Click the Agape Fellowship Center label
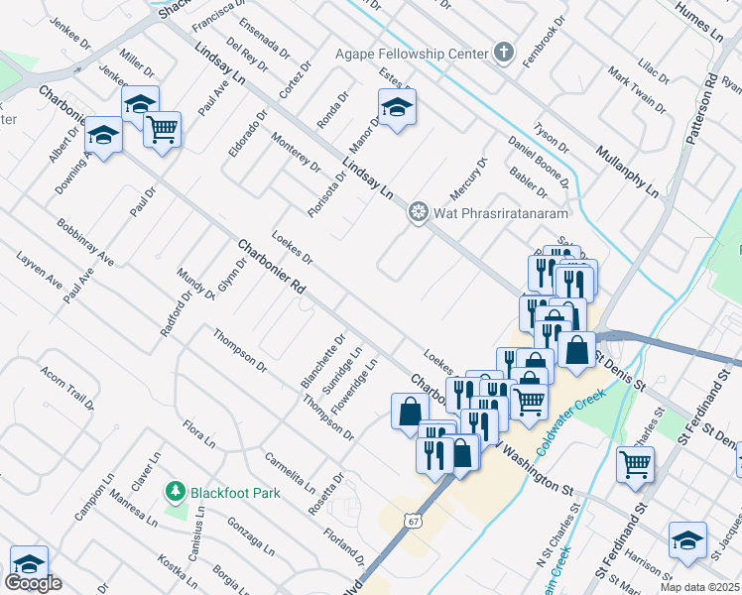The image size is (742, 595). coord(412,53)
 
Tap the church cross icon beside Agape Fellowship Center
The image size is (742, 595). coord(505,53)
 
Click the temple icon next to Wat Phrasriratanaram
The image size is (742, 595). coord(419,212)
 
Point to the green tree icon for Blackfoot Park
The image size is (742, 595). coord(176,491)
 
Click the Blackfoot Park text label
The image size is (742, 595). coord(236,492)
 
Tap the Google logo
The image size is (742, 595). coord(33,583)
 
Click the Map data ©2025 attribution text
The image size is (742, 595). coord(699,587)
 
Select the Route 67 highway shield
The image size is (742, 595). coord(413,520)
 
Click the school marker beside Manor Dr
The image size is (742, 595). coord(396,109)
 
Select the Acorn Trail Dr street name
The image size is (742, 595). coord(67,388)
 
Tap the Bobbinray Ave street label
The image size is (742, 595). coord(85,243)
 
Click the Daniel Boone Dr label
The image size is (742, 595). coord(537,159)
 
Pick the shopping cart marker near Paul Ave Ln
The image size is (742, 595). coord(162,129)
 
